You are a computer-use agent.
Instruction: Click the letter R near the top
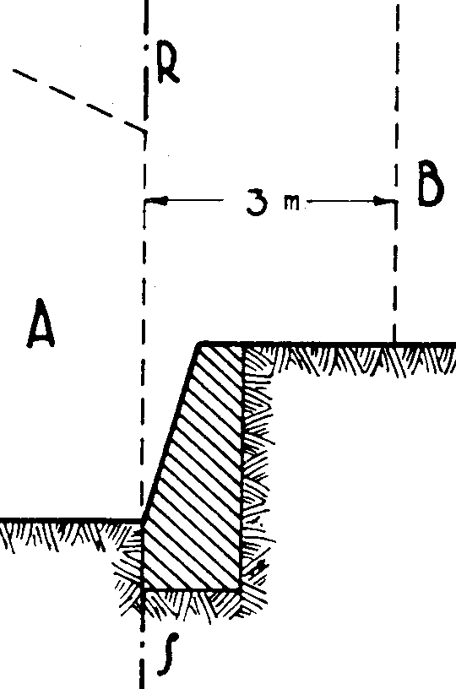click(x=167, y=64)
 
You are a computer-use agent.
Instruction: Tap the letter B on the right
click(x=430, y=184)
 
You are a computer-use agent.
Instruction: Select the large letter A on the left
click(x=41, y=323)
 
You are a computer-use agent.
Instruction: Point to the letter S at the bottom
click(x=168, y=654)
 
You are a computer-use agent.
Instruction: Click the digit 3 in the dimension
click(x=258, y=202)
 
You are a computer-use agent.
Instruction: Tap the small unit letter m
click(x=290, y=203)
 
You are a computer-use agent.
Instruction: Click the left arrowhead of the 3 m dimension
click(x=157, y=201)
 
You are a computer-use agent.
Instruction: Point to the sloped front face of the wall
click(x=171, y=431)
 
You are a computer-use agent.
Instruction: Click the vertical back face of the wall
click(x=242, y=466)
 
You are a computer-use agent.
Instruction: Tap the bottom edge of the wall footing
click(x=192, y=588)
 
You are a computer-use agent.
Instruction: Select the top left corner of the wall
click(x=199, y=343)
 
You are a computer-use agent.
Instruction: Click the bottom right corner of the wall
click(x=242, y=588)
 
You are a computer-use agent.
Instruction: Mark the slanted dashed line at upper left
click(x=79, y=100)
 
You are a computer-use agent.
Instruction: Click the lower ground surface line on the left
click(x=71, y=521)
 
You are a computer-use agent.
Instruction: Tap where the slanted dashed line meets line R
click(x=145, y=131)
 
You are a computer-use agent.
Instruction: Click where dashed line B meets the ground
click(x=394, y=342)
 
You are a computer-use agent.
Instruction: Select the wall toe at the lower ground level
click(x=143, y=521)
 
